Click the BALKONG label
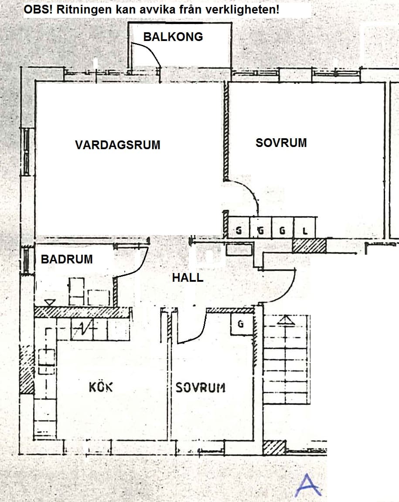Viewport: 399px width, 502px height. pyautogui.click(x=173, y=37)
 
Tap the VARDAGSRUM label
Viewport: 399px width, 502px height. pyautogui.click(x=118, y=145)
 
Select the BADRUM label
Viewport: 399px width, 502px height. pyautogui.click(x=67, y=259)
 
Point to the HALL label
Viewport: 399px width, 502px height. pyautogui.click(x=188, y=277)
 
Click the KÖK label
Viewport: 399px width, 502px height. pyautogui.click(x=101, y=387)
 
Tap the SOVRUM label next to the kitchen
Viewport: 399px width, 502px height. pyautogui.click(x=201, y=388)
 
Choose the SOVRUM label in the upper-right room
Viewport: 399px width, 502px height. pyautogui.click(x=281, y=143)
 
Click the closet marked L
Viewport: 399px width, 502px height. pyautogui.click(x=304, y=228)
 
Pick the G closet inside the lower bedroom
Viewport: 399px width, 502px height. pyautogui.click(x=242, y=324)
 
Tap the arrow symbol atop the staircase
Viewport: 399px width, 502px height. pyautogui.click(x=286, y=320)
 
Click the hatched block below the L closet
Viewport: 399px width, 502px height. pyautogui.click(x=309, y=246)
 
